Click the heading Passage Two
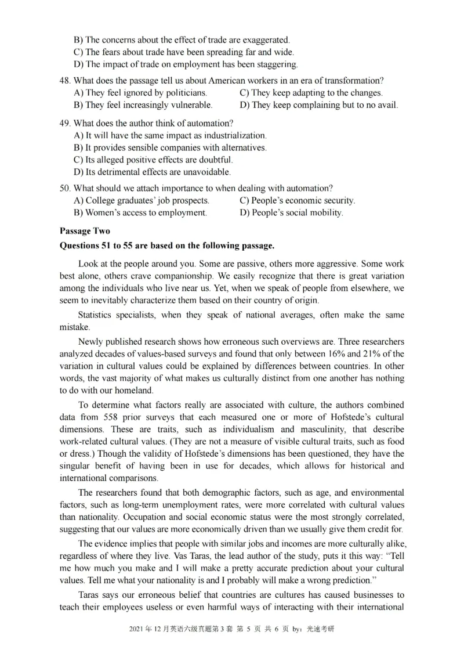pos(85,231)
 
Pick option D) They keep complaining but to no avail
pos(318,106)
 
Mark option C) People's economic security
pos(297,201)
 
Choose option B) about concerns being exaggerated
pos(182,40)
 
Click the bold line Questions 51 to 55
pos(167,246)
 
